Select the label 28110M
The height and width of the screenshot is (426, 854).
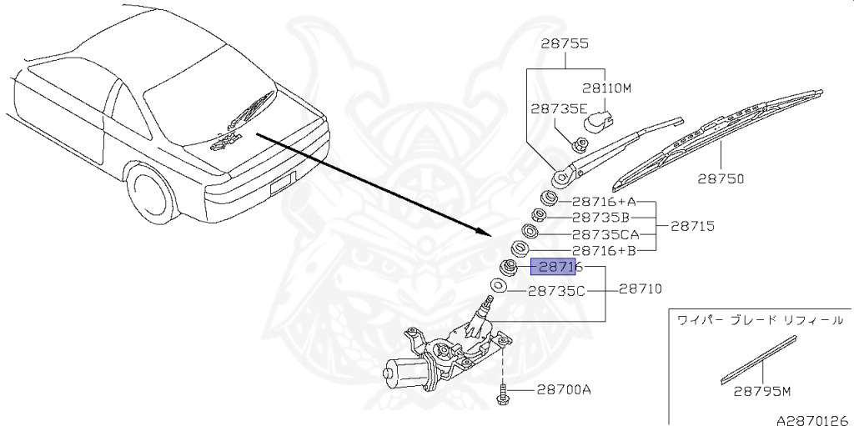pyautogui.click(x=607, y=87)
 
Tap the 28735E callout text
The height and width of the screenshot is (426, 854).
pyautogui.click(x=559, y=108)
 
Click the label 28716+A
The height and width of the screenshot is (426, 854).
pyautogui.click(x=604, y=202)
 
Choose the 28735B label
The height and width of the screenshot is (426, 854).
pyautogui.click(x=600, y=218)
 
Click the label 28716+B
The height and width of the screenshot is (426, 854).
pyautogui.click(x=604, y=250)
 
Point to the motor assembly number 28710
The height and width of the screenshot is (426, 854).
pyautogui.click(x=640, y=289)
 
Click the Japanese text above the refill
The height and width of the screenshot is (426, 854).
pyautogui.click(x=759, y=319)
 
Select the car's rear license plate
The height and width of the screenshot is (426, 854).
pyautogui.click(x=281, y=183)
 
